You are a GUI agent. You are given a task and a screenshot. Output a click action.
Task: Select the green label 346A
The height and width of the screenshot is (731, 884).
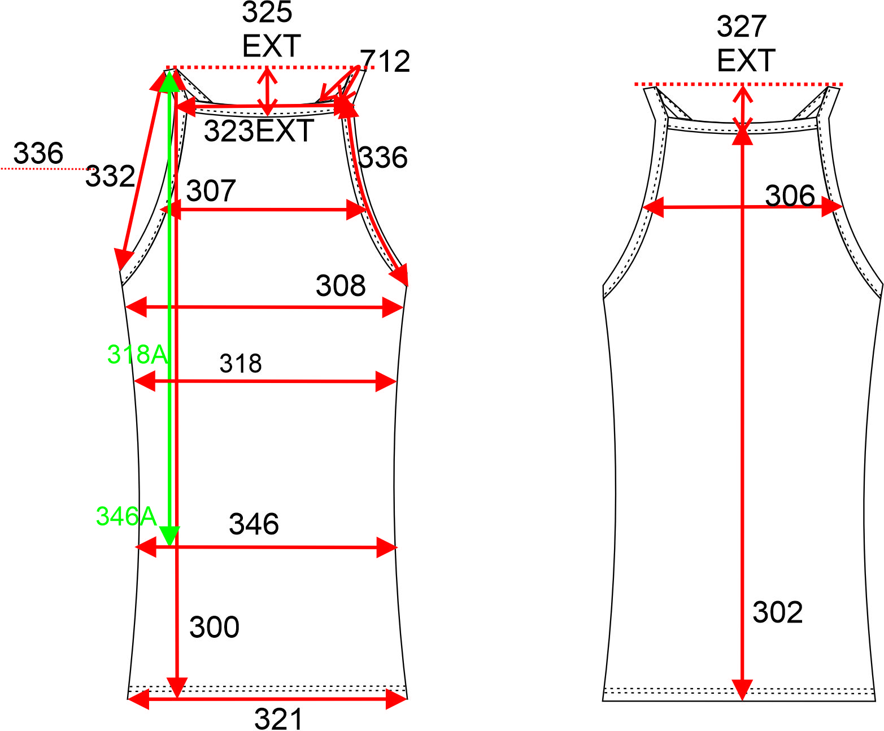[127, 516]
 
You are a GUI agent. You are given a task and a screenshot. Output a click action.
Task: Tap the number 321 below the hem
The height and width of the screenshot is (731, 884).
[278, 719]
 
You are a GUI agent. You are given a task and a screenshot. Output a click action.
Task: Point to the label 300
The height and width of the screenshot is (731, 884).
[214, 627]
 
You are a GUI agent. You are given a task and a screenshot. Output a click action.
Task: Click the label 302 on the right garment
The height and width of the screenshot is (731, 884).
[777, 612]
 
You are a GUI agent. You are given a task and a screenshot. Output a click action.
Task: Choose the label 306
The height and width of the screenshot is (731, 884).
[790, 195]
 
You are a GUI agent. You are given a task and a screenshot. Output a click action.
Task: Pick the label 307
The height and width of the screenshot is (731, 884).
[211, 190]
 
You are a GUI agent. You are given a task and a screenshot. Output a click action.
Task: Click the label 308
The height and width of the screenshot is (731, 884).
[341, 285]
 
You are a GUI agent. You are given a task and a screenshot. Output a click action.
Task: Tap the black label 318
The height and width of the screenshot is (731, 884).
[241, 363]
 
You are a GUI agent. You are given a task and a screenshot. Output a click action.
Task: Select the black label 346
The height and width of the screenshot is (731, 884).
[254, 524]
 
